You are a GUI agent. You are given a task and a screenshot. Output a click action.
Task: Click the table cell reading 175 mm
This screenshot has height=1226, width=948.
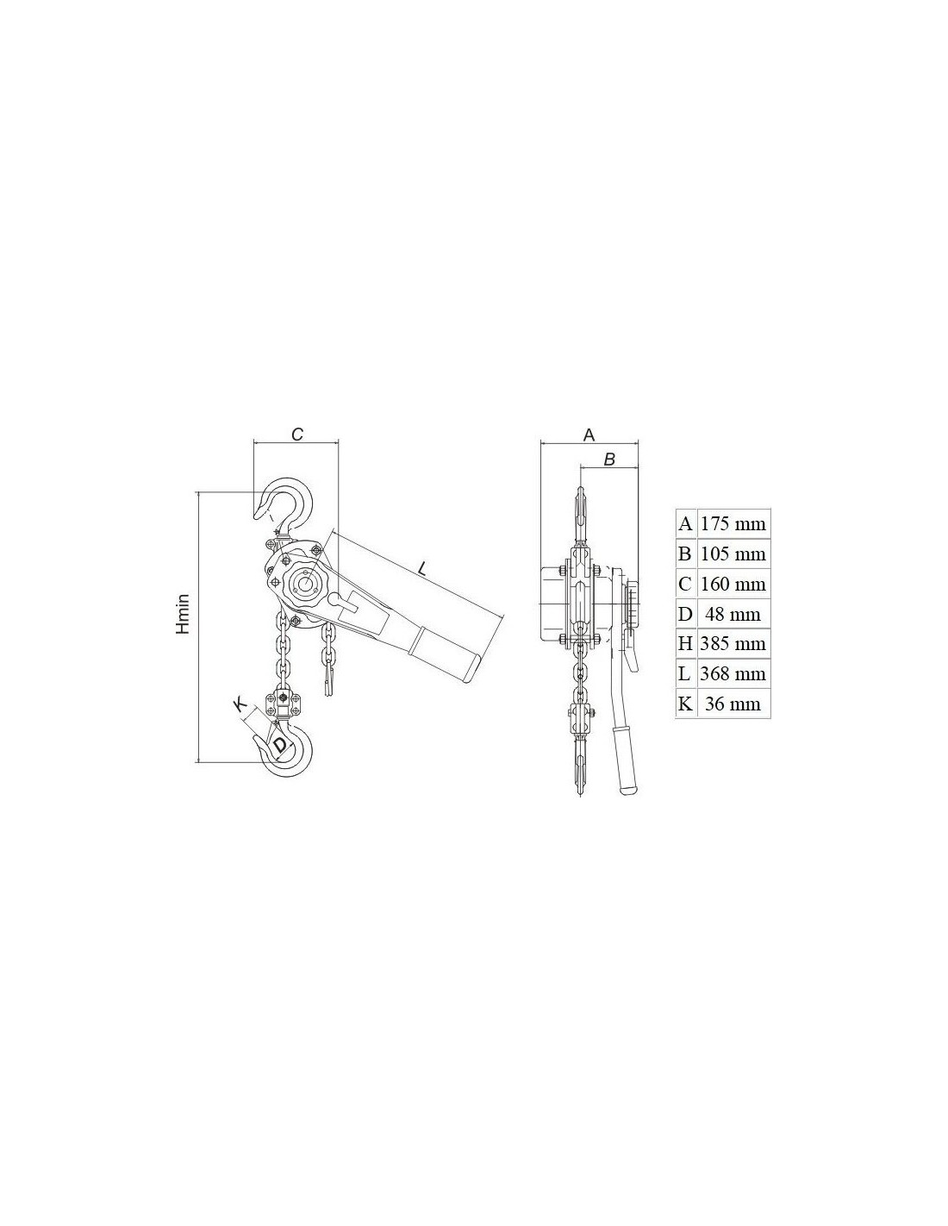pyautogui.click(x=733, y=524)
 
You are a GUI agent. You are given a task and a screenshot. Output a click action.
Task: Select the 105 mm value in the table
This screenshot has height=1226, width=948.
pyautogui.click(x=733, y=554)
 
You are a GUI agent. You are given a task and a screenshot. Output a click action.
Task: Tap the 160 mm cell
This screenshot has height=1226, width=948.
pyautogui.click(x=733, y=584)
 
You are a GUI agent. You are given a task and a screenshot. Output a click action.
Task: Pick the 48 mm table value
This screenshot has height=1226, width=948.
pyautogui.click(x=733, y=614)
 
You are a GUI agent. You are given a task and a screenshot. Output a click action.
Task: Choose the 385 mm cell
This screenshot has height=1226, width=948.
pyautogui.click(x=733, y=644)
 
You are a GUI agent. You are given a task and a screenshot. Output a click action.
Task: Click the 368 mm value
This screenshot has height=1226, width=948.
pyautogui.click(x=733, y=673)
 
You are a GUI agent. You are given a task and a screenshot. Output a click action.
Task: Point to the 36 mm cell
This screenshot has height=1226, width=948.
pyautogui.click(x=733, y=704)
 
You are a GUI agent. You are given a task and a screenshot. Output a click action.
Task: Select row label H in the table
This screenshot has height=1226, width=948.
pyautogui.click(x=685, y=644)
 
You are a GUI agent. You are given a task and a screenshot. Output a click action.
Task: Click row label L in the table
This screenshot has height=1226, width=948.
pyautogui.click(x=685, y=673)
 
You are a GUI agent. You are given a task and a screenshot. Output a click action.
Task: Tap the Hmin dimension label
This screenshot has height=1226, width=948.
pyautogui.click(x=183, y=614)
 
